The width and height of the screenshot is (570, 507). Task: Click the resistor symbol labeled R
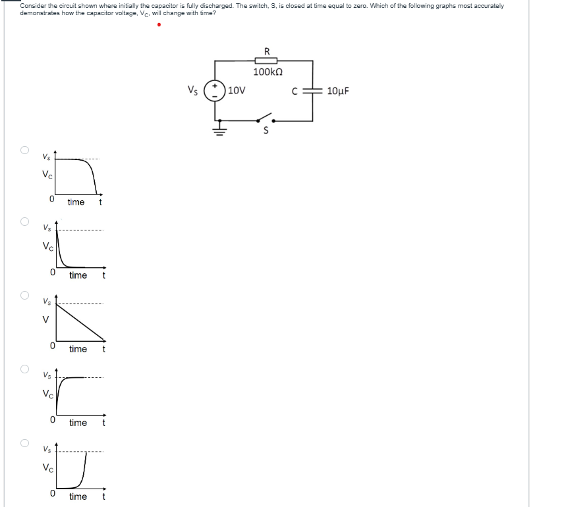[266, 61]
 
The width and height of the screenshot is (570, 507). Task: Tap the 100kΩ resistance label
[266, 72]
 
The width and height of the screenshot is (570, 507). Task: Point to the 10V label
[237, 90]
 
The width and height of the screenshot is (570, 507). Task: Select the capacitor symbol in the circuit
[312, 90]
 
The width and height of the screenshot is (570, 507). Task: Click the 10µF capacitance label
[337, 91]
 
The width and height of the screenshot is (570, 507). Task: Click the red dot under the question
[158, 26]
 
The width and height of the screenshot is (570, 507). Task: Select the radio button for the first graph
[24, 149]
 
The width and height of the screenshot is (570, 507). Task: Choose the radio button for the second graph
[24, 222]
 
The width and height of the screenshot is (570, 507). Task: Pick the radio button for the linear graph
[24, 294]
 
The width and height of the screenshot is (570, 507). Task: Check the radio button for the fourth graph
[24, 368]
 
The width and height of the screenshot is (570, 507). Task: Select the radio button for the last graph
[24, 442]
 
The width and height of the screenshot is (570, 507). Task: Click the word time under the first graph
[76, 202]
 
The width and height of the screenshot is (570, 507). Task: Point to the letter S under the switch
[266, 130]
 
